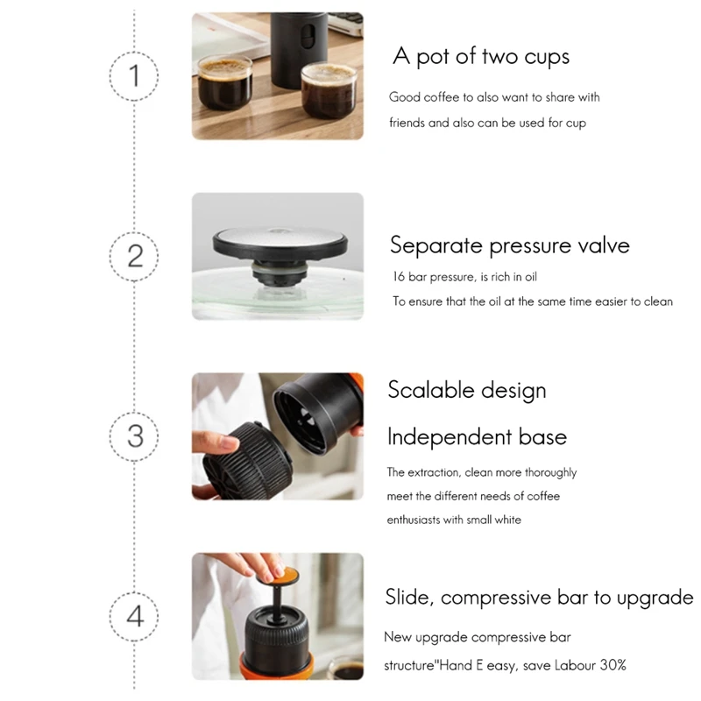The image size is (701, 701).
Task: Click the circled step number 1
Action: tap(134, 75)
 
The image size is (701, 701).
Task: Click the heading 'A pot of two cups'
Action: tap(481, 57)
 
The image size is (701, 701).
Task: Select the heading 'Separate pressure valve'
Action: tap(509, 244)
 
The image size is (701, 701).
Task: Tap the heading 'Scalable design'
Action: tap(467, 389)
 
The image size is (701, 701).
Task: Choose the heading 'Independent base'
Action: tap(477, 436)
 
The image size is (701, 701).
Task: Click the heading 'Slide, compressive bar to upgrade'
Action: tap(539, 598)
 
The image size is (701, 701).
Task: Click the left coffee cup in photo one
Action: tap(223, 84)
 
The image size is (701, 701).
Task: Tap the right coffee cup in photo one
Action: tap(329, 89)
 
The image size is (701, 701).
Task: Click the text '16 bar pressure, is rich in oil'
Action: tap(464, 277)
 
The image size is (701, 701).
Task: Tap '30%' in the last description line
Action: tap(612, 665)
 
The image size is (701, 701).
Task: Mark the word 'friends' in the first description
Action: tap(407, 123)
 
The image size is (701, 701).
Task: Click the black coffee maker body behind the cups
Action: tap(297, 44)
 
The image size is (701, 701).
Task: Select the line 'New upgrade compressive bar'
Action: tap(477, 637)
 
